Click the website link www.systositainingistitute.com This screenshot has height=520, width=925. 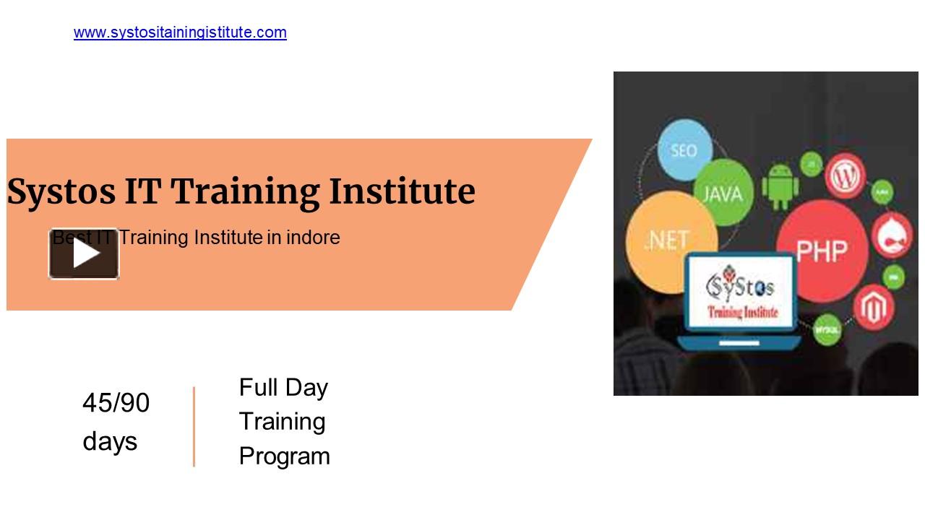(x=180, y=32)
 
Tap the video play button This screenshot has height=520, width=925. (x=84, y=253)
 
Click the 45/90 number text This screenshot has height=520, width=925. (x=116, y=403)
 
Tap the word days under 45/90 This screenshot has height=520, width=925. (x=110, y=441)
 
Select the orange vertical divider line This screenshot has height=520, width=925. (x=194, y=426)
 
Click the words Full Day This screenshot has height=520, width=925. (x=283, y=388)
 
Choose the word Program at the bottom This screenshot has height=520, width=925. (x=284, y=456)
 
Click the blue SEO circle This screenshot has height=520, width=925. (x=684, y=150)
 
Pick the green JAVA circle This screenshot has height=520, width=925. (x=722, y=193)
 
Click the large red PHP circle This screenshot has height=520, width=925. (x=821, y=249)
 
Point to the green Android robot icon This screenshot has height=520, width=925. (x=780, y=186)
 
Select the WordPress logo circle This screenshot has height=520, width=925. (x=846, y=175)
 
